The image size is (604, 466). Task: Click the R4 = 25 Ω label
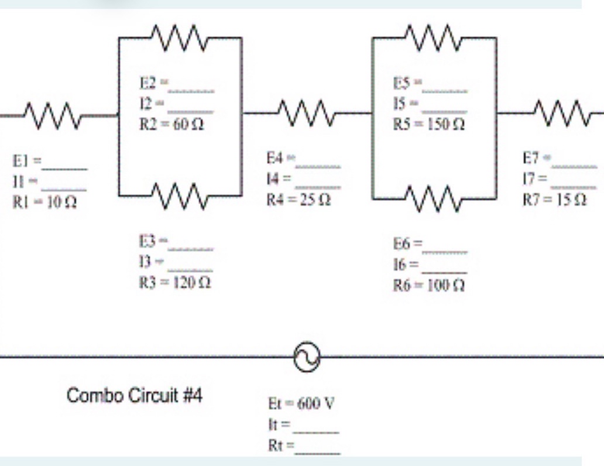coord(298,200)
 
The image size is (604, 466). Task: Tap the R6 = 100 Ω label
coord(430,287)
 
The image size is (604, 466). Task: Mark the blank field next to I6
coord(445,270)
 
